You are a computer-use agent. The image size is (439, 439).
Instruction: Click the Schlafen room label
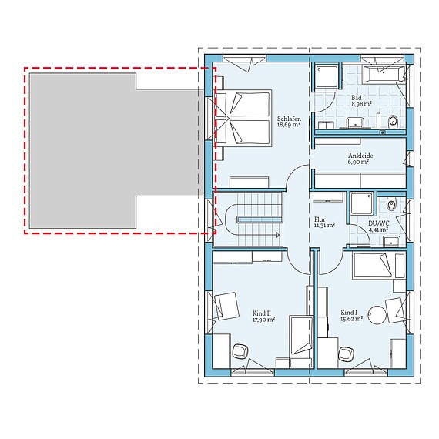point(290,119)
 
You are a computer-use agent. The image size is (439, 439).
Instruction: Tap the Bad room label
point(357,99)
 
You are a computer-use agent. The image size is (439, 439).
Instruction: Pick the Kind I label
point(349,313)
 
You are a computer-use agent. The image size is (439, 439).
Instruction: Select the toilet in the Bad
point(394,120)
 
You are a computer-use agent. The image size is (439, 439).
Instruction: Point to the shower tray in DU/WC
point(361,203)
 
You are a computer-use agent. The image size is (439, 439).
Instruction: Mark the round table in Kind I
point(377,316)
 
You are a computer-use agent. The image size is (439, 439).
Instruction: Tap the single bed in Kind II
point(300,336)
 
